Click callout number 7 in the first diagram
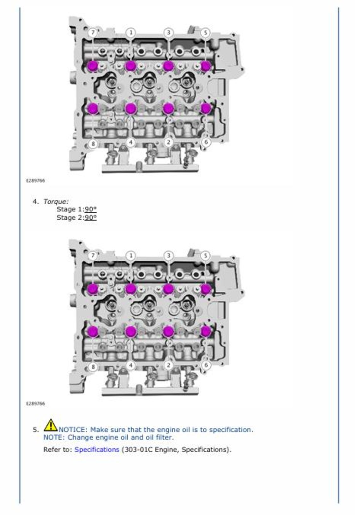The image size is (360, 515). coord(92,33)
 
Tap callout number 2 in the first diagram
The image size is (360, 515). coord(168,142)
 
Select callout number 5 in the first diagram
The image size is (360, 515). coord(205,33)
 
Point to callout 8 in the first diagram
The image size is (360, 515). coord(93,144)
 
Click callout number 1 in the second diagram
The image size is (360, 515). coord(131,255)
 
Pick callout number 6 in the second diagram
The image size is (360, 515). coord(206,365)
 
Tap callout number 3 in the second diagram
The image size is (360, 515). coord(168,255)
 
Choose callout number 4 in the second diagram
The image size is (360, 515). coord(131,365)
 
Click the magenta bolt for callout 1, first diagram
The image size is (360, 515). coord(130,66)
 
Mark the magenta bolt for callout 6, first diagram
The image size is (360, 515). coord(206,108)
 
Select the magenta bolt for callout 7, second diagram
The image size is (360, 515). coord(93,289)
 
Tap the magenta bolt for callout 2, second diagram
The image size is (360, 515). coord(168,331)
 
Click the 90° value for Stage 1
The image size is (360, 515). coord(91,209)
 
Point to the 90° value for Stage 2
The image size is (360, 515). coord(91,217)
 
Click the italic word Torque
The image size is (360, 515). coord(56,201)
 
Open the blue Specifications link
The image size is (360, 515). coord(97,449)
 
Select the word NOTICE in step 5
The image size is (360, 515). coord(72,429)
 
